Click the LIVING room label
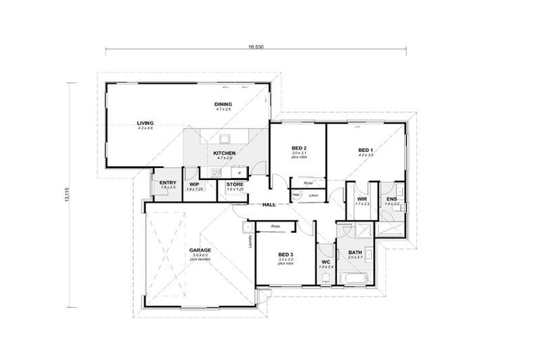pos(146,123)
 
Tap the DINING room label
pos(224,105)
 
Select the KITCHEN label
pos(224,153)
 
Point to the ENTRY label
pos(167,183)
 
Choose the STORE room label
pos(235,184)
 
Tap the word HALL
pos(269,205)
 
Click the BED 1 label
pos(366,150)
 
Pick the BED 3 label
pos(285,255)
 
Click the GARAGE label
pos(200,250)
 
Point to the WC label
pos(325,262)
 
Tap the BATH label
pos(354,252)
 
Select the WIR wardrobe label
pos(362,199)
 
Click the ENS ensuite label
pos(392,199)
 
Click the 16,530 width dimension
pos(255,46)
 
